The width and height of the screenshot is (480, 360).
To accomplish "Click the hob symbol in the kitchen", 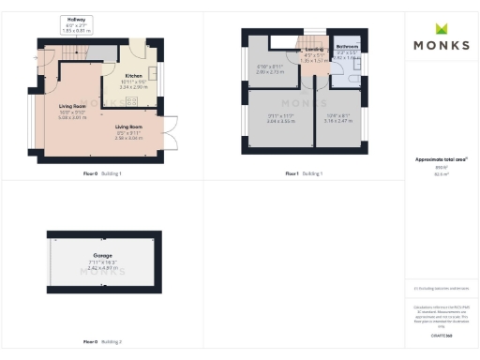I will [132, 100].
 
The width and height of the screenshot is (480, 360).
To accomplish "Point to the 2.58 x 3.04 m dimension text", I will [129, 137].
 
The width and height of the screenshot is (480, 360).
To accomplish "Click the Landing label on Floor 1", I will [308, 54].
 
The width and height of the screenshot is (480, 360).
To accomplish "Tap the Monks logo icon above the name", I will [440, 25].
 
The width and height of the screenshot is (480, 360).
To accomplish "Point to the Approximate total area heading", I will [440, 159].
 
